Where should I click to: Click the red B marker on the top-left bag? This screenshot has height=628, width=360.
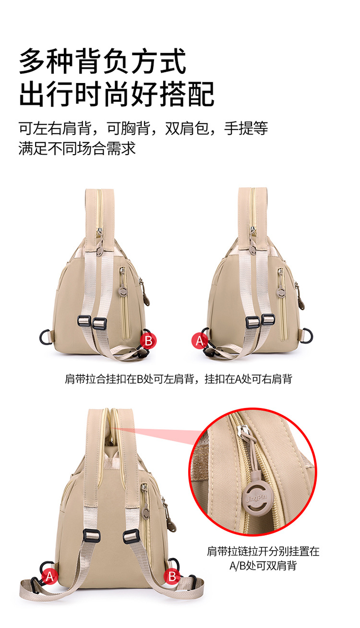click(x=148, y=341)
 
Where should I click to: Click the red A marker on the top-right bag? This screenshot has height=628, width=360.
click(x=199, y=341)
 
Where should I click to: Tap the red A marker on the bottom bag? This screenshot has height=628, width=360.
click(x=49, y=577)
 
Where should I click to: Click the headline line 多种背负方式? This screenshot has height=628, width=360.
click(x=103, y=61)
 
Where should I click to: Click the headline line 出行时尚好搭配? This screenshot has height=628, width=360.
click(x=117, y=94)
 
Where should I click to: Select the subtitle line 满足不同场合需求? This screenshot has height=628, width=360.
click(x=77, y=148)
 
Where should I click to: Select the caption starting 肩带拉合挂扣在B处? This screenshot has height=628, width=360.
click(x=179, y=379)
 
